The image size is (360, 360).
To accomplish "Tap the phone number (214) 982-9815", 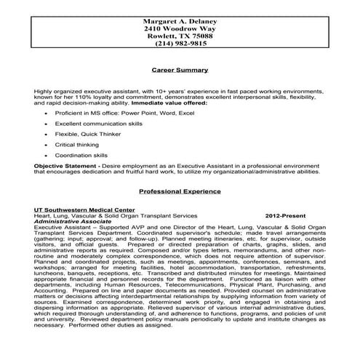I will click(x=179, y=44).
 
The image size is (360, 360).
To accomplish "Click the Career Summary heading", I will click(x=179, y=71).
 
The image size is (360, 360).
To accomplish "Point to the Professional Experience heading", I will click(x=180, y=191).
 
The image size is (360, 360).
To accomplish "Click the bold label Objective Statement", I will click(x=64, y=167).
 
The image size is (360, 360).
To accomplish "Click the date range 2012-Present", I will click(x=286, y=216).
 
